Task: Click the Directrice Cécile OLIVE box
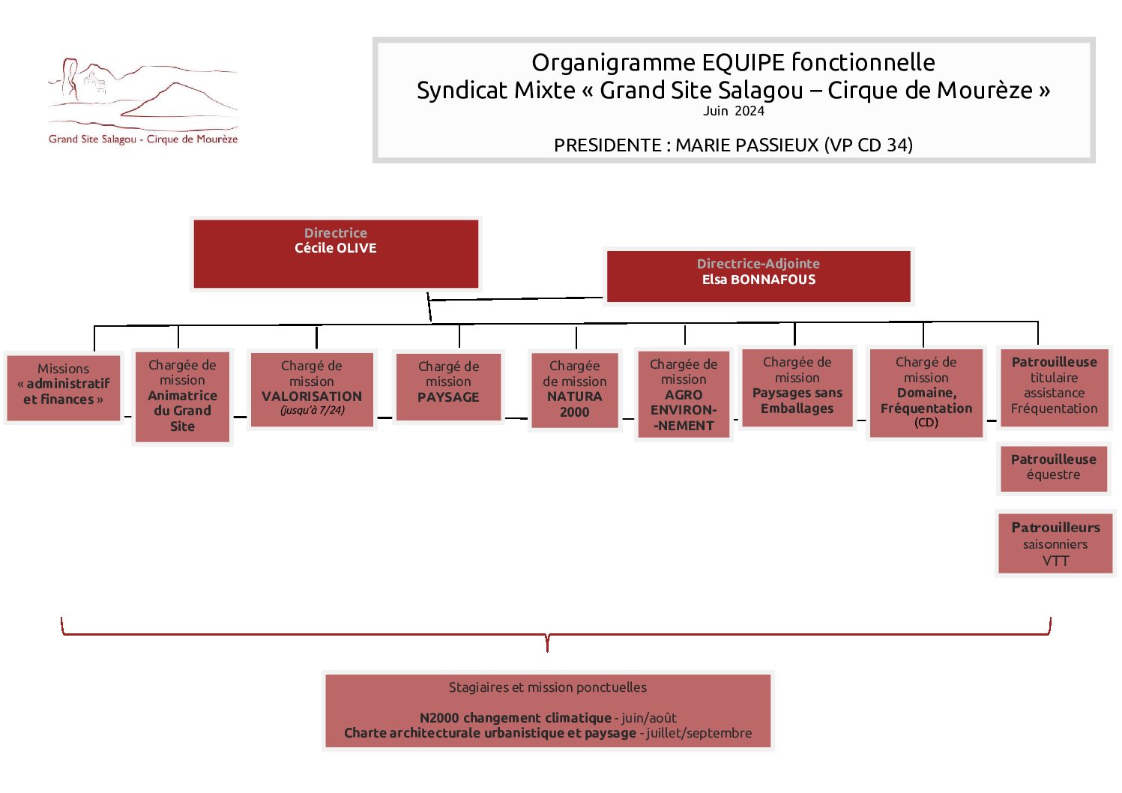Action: click(x=336, y=254)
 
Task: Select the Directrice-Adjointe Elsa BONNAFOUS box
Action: click(x=758, y=277)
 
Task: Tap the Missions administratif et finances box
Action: click(x=63, y=388)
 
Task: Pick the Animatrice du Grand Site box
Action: click(x=182, y=396)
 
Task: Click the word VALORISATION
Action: click(x=312, y=396)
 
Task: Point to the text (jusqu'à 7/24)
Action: click(x=312, y=410)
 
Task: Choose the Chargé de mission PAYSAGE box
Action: click(x=448, y=387)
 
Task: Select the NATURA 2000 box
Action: click(x=575, y=391)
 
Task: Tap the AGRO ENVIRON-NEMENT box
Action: click(x=684, y=394)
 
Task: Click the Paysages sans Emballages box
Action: click(x=797, y=388)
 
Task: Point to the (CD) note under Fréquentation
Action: click(x=926, y=422)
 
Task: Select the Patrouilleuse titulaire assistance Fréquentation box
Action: click(x=1054, y=388)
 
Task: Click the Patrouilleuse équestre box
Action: click(x=1053, y=469)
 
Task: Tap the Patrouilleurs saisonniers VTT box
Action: click(x=1055, y=543)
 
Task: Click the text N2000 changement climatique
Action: click(x=515, y=718)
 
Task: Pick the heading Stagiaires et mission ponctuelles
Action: click(x=547, y=687)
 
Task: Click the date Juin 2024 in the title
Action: click(x=733, y=111)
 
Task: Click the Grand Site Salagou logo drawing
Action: click(x=142, y=95)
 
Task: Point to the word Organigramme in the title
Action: click(x=613, y=63)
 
